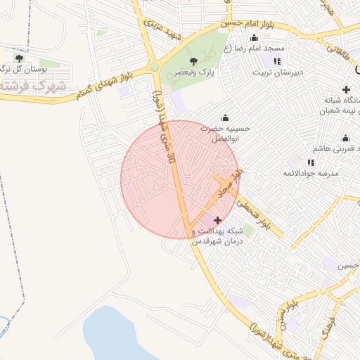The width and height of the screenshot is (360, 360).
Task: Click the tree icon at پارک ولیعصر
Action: (193, 61)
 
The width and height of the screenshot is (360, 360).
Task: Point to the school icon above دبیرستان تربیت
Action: (268, 61)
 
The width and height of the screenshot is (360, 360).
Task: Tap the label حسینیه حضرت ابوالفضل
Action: (225, 134)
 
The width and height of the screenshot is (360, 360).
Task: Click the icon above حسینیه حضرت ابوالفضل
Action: (225, 117)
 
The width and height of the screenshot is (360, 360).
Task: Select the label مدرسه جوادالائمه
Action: (311, 173)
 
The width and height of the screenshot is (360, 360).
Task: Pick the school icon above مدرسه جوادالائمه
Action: (311, 162)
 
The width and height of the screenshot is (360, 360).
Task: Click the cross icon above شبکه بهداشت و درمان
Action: (217, 221)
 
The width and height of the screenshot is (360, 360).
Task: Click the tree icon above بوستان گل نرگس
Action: (18, 57)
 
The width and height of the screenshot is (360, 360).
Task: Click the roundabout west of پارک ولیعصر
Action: (154, 67)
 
